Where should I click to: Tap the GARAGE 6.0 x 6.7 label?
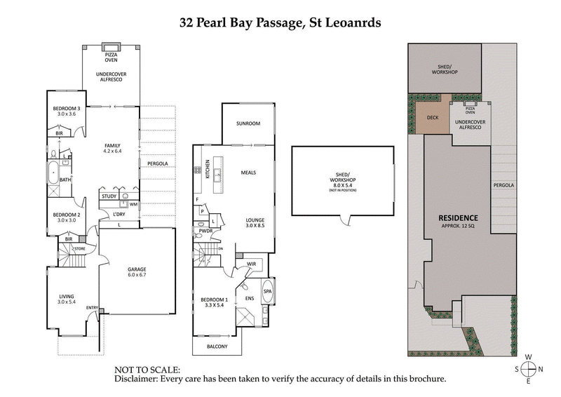pyautogui.click(x=136, y=272)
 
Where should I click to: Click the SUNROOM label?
pyautogui.click(x=248, y=123)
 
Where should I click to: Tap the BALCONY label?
pyautogui.click(x=217, y=346)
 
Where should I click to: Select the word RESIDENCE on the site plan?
pyautogui.click(x=459, y=217)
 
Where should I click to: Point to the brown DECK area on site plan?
pyautogui.click(x=433, y=118)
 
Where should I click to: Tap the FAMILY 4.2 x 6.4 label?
pyautogui.click(x=112, y=146)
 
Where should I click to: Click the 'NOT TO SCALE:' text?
pyautogui.click(x=147, y=369)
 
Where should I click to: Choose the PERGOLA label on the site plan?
pyautogui.click(x=503, y=185)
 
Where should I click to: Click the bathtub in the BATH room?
pyautogui.click(x=53, y=170)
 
